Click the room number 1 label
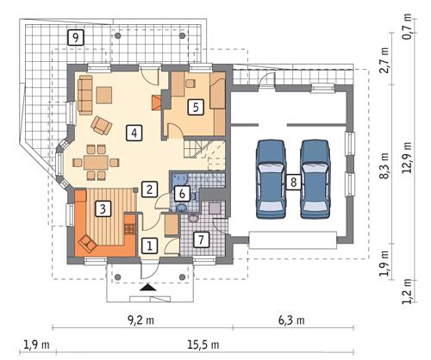pyautogui.click(x=149, y=245)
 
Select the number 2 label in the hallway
pyautogui.click(x=149, y=189)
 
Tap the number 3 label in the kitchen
pyautogui.click(x=103, y=208)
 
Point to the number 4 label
pyautogui.click(x=133, y=133)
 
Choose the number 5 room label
pyautogui.click(x=196, y=107)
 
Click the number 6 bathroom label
pyautogui.click(x=182, y=195)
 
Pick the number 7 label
pyautogui.click(x=199, y=239)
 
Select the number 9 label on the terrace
pyautogui.click(x=76, y=37)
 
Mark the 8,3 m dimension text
pyautogui.click(x=384, y=164)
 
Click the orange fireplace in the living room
pyautogui.click(x=156, y=103)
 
